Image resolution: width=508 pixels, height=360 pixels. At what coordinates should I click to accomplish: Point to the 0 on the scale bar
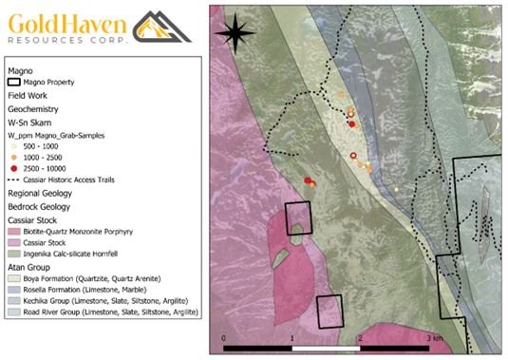224,338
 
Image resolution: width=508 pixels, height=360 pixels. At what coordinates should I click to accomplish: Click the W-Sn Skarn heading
28,123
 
